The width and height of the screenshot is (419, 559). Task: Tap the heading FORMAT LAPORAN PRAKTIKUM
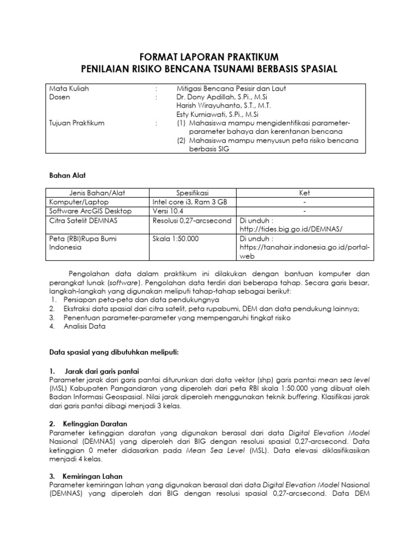[x=209, y=57]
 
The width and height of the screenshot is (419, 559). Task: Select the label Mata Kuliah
[x=69, y=88]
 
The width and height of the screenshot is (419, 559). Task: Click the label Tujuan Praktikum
[x=77, y=123]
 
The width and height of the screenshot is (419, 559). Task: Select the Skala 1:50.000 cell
[x=176, y=239]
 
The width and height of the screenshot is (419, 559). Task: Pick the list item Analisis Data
[x=85, y=326]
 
